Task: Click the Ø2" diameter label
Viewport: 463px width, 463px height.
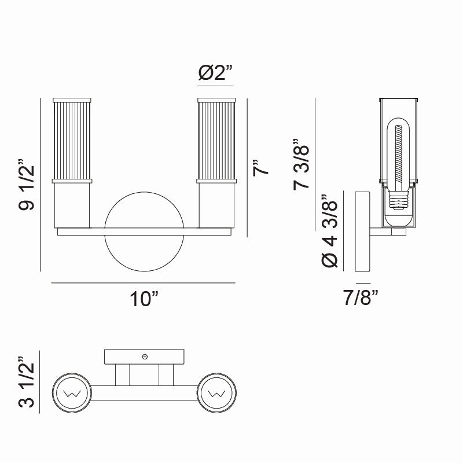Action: click(215, 73)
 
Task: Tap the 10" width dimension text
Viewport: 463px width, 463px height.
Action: click(143, 299)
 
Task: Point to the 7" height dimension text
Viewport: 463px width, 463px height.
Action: click(262, 167)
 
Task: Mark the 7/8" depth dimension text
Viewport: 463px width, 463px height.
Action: click(360, 299)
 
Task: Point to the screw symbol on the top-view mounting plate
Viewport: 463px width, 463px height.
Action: click(145, 357)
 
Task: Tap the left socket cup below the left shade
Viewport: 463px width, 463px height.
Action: click(72, 205)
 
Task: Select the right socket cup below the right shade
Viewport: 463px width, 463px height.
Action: click(216, 205)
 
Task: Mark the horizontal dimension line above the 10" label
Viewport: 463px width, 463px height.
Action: click(143, 283)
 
